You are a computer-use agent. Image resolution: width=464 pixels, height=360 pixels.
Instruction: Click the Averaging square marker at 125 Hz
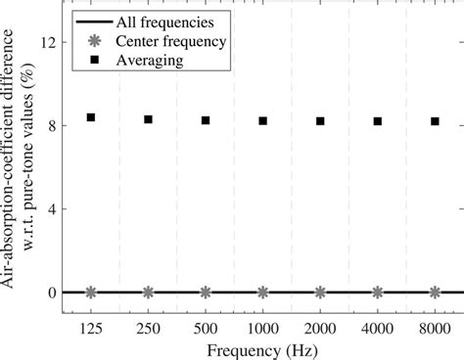tap(91, 117)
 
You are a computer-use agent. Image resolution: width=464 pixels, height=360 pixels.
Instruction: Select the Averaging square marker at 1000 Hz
tap(263, 121)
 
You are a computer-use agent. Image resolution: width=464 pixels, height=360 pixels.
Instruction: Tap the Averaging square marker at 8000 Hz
tap(435, 121)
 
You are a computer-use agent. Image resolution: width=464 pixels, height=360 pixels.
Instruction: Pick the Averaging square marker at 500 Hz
tap(206, 120)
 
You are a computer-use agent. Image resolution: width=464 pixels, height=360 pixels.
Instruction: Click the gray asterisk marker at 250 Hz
tap(149, 292)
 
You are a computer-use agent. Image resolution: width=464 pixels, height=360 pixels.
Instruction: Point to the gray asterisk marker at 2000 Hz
tap(320, 292)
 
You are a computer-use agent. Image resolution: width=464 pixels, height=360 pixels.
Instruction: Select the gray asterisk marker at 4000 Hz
tap(378, 292)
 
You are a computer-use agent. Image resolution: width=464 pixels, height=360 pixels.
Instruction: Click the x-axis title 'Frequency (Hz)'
tap(262, 348)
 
